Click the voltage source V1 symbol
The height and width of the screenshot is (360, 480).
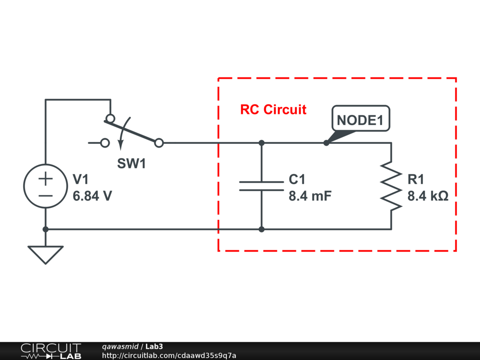tap(45, 187)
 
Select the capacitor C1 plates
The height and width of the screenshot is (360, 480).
tap(262, 186)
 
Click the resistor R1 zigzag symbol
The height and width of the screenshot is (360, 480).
tap(391, 186)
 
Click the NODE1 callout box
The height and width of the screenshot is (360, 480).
tap(360, 120)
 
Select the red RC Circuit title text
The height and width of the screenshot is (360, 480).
tap(273, 110)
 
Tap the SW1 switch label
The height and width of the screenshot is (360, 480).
tap(131, 164)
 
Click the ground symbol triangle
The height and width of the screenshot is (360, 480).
tap(45, 254)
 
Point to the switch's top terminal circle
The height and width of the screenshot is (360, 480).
tap(110, 118)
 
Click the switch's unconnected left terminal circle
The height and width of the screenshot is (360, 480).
tap(105, 142)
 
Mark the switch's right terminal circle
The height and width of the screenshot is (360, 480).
tap(159, 142)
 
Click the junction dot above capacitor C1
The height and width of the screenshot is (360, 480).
tap(262, 142)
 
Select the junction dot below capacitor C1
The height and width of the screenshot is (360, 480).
tap(262, 229)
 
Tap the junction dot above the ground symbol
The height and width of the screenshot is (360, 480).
tap(45, 229)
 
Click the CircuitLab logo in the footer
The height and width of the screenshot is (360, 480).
tap(51, 351)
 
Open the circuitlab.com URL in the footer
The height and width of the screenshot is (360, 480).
tap(169, 356)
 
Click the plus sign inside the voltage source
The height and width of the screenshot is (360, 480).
tap(45, 179)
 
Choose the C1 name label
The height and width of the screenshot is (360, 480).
tap(297, 180)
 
